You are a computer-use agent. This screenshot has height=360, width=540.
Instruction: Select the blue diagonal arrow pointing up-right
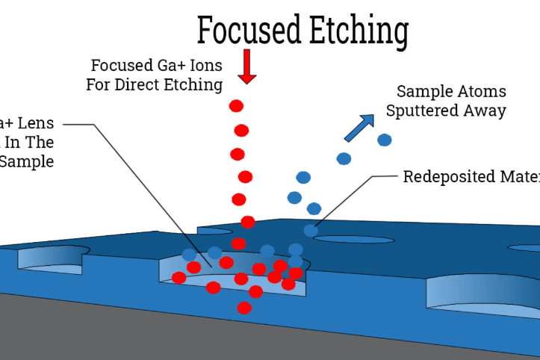click(x=359, y=128)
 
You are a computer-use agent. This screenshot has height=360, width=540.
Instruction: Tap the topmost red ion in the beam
click(x=237, y=105)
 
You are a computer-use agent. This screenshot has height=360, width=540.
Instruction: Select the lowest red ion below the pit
click(x=244, y=308)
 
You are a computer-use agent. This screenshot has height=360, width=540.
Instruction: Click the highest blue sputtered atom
click(x=385, y=140)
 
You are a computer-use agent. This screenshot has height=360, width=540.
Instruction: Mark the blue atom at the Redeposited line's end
click(x=311, y=231)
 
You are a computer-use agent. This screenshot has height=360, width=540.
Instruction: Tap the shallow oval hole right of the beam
click(x=353, y=239)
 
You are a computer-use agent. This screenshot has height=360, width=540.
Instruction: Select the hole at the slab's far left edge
click(x=52, y=254)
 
